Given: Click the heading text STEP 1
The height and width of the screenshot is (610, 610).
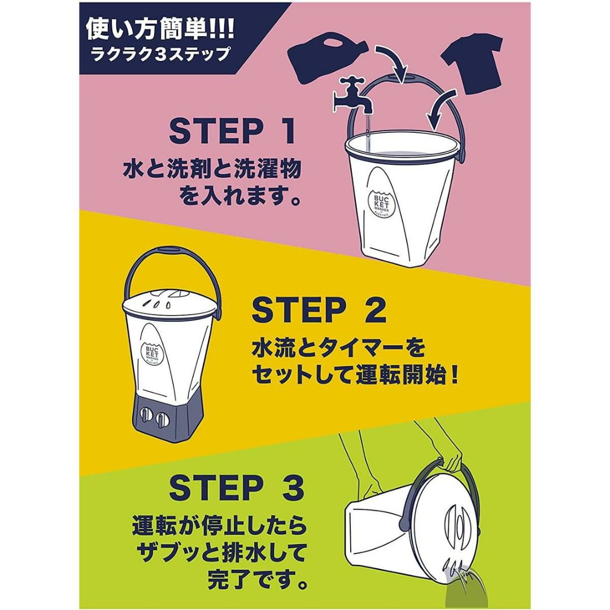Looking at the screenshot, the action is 232,132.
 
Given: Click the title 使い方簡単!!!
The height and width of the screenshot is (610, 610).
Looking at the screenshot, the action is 160,29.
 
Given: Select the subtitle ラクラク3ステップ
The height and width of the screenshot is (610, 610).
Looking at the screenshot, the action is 160,54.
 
